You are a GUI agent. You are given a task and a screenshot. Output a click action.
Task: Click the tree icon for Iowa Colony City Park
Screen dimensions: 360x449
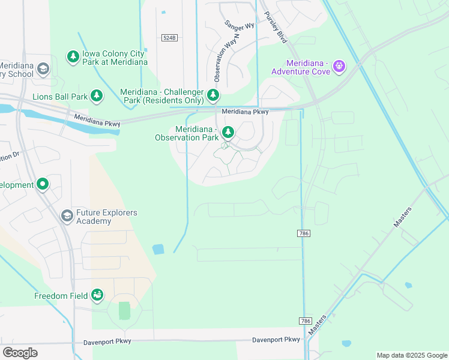tap(73, 56)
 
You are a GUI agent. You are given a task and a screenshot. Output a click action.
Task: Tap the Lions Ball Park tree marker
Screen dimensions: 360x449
tap(96, 95)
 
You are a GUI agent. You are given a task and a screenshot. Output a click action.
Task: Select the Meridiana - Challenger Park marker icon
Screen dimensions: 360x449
tap(212, 95)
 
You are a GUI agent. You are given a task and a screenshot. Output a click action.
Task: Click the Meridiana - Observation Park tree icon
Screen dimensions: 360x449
tap(228, 132)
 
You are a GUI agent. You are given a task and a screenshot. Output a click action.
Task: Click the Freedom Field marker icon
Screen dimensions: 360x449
tap(97, 295)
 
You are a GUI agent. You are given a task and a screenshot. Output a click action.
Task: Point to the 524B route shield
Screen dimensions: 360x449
tap(170, 37)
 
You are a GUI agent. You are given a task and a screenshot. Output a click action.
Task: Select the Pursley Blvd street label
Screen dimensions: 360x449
tap(274, 28)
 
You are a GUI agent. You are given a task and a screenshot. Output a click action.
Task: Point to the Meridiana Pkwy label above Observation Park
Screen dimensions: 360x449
tap(244, 112)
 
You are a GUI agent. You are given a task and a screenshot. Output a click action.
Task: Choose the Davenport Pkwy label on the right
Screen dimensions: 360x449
tap(276, 340)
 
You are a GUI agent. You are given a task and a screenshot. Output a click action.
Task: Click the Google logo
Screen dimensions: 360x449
tap(20, 353)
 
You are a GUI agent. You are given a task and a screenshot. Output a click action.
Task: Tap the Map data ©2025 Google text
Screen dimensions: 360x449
tap(411, 355)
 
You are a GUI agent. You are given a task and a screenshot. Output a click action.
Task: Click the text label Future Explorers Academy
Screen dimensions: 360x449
tap(107, 217)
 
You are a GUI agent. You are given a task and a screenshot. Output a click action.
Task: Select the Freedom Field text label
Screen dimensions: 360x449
tap(60, 295)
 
